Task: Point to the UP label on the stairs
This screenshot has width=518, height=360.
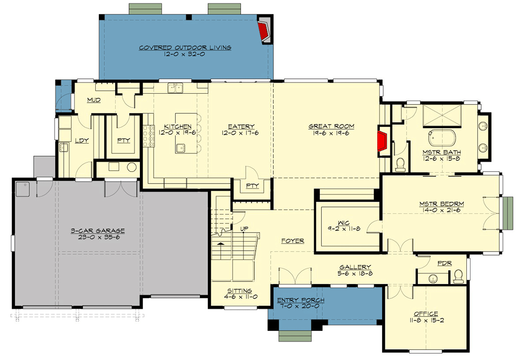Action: point(244,229)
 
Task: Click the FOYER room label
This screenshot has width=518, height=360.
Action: point(293,241)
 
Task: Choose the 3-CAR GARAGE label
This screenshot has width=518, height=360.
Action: point(97,231)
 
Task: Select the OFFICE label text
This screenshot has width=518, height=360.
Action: point(426,314)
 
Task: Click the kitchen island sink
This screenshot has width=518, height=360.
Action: point(181,147)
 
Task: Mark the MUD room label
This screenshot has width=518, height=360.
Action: point(94,99)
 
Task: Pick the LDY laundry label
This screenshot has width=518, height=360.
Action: point(81,140)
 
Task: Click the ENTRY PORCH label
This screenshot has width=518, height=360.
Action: point(301,300)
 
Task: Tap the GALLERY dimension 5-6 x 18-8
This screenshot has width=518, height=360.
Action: point(355,273)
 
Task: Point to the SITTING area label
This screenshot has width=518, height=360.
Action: point(239,291)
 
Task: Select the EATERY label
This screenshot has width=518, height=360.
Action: point(241,126)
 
